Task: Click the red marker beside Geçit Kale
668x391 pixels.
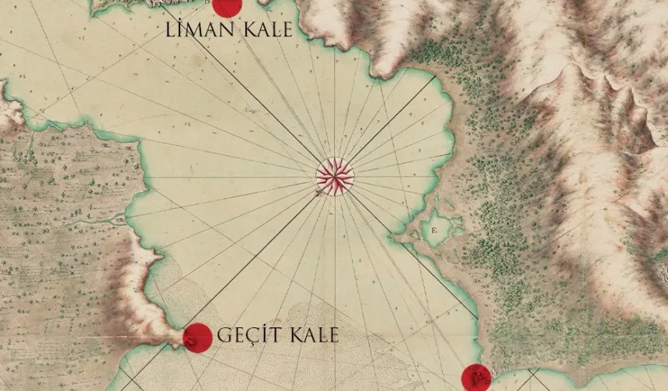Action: [197, 337]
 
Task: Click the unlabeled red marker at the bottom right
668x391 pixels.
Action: [476, 378]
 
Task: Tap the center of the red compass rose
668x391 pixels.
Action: [335, 176]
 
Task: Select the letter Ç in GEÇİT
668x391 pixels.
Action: [251, 335]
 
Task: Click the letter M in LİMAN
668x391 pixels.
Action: [194, 31]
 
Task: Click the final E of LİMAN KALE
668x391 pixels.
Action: [287, 31]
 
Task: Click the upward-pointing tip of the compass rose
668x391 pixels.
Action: [335, 158]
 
